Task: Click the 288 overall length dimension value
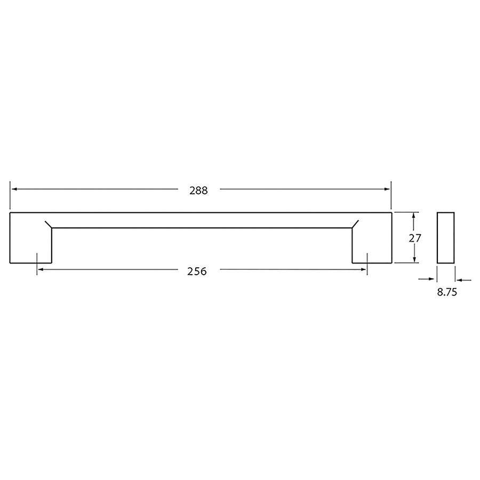point(198,190)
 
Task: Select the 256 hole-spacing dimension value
point(197,271)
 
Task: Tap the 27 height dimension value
point(415,238)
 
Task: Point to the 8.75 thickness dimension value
point(447,292)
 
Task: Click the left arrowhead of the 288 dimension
point(14,189)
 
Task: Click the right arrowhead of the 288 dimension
point(387,189)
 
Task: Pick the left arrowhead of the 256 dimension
point(40,269)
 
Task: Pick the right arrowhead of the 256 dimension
point(364,269)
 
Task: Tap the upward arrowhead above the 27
point(414,216)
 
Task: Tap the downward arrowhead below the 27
point(414,259)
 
